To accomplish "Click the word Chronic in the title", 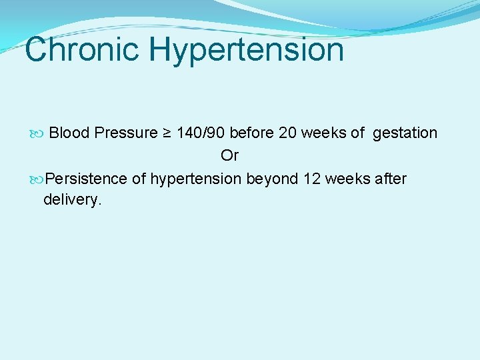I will click(81, 50).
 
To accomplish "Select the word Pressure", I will click(125, 133).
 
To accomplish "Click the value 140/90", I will click(201, 133).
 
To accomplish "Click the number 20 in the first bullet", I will click(288, 133).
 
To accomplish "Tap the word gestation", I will click(405, 133).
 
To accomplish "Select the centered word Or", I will click(229, 156).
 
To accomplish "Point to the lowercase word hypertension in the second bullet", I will click(197, 179).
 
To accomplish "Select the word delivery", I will click(73, 199).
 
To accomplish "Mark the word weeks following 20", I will click(323, 133).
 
